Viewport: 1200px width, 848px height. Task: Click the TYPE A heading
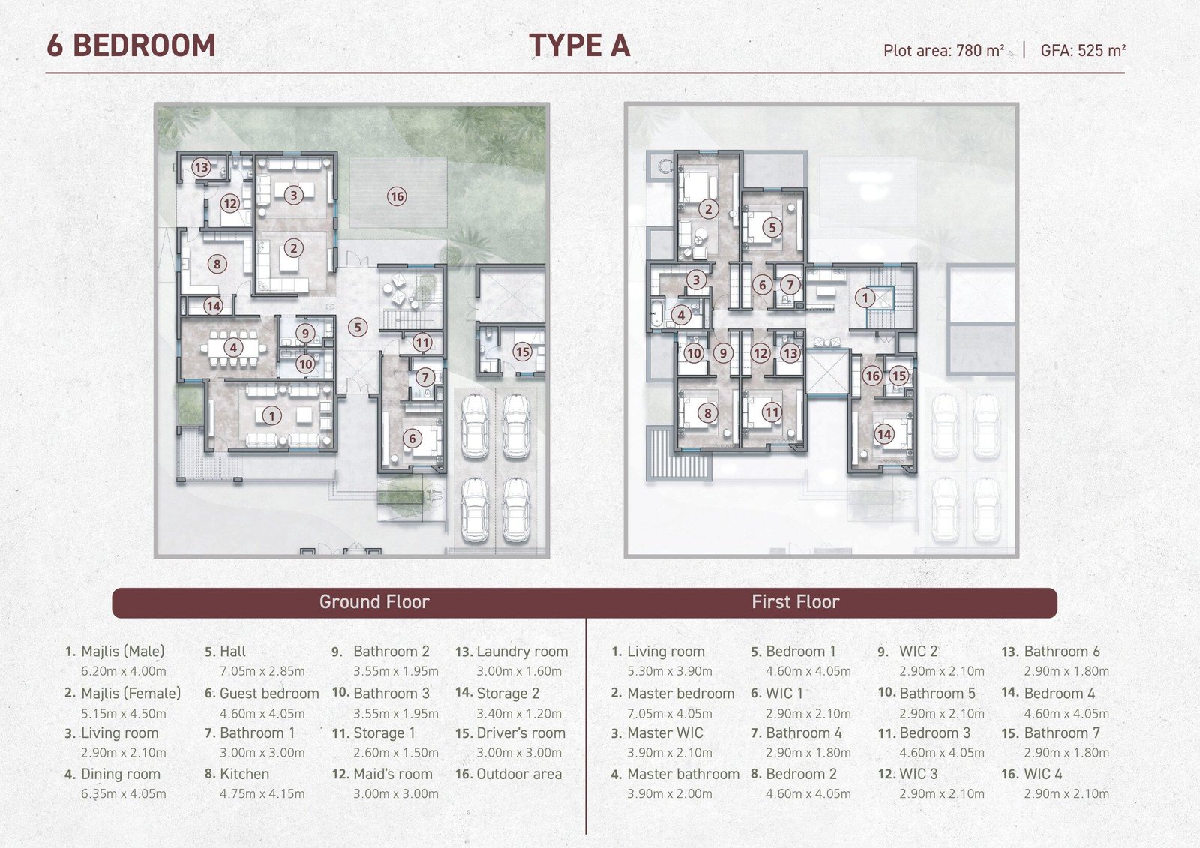pos(579,46)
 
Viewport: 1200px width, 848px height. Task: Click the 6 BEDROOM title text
pos(131,46)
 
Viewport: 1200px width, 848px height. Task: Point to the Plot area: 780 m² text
pos(943,50)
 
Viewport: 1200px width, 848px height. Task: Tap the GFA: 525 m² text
pos(1083,50)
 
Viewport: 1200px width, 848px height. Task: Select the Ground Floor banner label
pos(374,601)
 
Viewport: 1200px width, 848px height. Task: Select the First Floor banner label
pos(796,601)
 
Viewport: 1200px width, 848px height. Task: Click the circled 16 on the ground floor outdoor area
pos(397,196)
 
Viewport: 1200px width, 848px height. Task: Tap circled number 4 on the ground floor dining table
pos(233,348)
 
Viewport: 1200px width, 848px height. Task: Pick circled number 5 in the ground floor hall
pos(357,327)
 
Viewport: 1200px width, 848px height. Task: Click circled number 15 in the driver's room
pos(522,352)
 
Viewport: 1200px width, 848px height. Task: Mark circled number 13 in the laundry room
pos(201,167)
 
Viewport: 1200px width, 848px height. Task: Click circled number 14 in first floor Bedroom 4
pos(884,434)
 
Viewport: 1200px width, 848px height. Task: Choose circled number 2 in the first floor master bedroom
pos(708,209)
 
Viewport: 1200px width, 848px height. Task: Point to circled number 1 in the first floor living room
pos(865,298)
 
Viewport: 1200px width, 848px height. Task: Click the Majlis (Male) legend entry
pos(123,652)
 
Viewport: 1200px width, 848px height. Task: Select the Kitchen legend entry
pos(244,774)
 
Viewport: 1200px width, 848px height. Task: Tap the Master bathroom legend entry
pos(683,774)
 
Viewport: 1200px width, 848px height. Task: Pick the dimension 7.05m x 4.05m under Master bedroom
pos(670,713)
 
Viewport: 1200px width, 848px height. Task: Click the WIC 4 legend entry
pos(1043,774)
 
